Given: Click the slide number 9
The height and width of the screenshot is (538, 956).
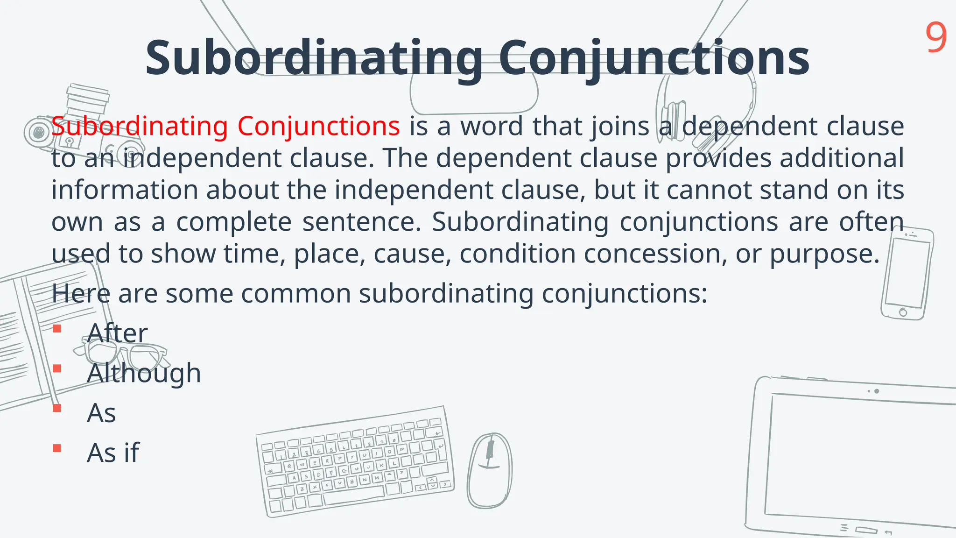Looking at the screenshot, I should click(x=936, y=38).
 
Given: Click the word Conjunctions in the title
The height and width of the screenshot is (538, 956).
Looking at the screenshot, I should click(x=654, y=58).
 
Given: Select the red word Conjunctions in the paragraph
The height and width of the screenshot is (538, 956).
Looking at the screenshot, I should click(x=318, y=126).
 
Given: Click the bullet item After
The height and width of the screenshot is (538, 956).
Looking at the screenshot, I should click(x=117, y=333).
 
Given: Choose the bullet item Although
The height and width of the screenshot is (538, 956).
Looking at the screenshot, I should click(x=144, y=373).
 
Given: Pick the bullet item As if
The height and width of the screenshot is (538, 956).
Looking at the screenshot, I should click(x=113, y=453).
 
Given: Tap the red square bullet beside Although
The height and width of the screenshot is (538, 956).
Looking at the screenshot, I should click(x=57, y=368).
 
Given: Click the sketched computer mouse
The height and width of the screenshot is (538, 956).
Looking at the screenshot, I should click(x=490, y=470).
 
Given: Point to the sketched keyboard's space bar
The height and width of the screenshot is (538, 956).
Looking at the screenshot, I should click(x=354, y=495).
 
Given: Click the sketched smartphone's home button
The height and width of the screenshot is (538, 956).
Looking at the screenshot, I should click(x=903, y=312).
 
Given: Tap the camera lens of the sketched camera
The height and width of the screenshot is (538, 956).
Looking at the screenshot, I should click(x=36, y=132).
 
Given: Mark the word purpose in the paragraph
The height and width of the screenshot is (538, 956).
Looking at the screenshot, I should click(x=824, y=254).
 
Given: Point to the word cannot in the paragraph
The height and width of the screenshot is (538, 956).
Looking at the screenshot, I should click(x=710, y=190).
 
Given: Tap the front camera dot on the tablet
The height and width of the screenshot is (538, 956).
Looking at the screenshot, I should click(x=877, y=391).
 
